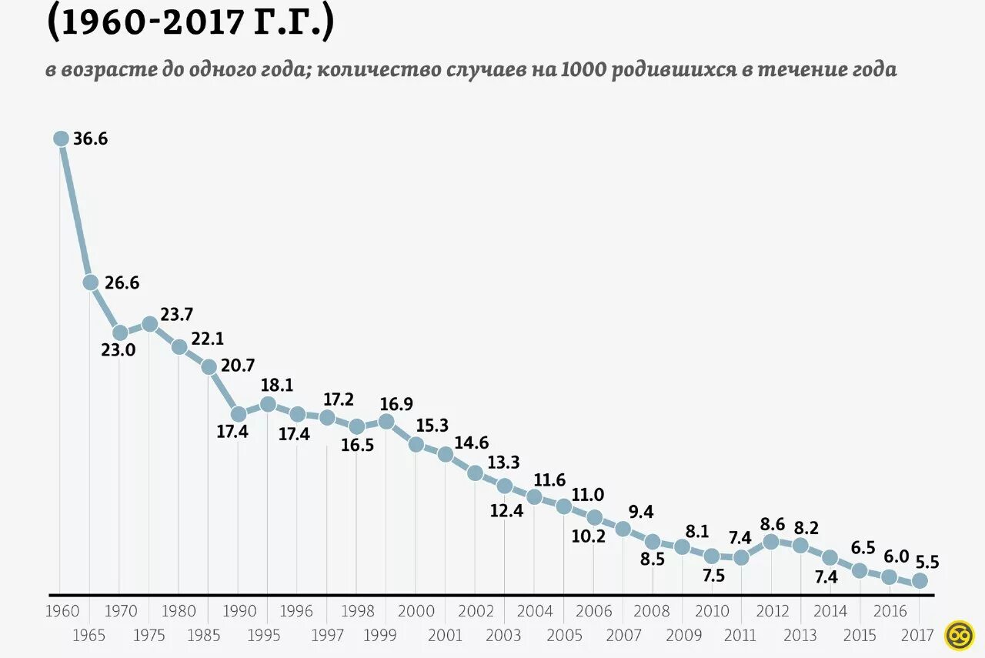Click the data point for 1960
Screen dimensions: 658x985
pyautogui.click(x=61, y=139)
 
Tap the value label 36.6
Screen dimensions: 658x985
pyautogui.click(x=91, y=139)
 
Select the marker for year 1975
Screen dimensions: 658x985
pyautogui.click(x=150, y=324)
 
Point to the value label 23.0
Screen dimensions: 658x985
pyautogui.click(x=119, y=350)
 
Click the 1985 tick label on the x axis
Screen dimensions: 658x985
pyautogui.click(x=209, y=635)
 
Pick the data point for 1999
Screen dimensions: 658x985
pyautogui.click(x=386, y=421)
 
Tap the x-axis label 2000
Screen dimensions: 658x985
pyautogui.click(x=416, y=612)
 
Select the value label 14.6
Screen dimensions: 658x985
pyautogui.click(x=472, y=443)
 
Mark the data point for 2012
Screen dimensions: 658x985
pyautogui.click(x=770, y=542)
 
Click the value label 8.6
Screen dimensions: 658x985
pyautogui.click(x=772, y=525)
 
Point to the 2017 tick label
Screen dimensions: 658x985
pyautogui.click(x=917, y=635)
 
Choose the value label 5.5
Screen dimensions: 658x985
pyautogui.click(x=927, y=562)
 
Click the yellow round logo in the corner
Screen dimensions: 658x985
pyautogui.click(x=960, y=635)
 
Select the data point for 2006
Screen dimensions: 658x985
pyautogui.click(x=594, y=517)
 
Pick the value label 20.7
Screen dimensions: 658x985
pyautogui.click(x=238, y=366)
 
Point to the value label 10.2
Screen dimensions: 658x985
pyautogui.click(x=589, y=536)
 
